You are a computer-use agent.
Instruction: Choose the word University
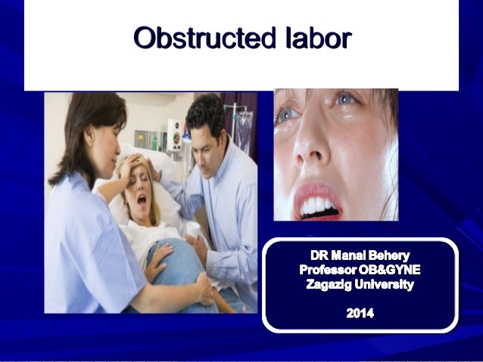[389, 285]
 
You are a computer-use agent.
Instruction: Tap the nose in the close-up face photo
[313, 151]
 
